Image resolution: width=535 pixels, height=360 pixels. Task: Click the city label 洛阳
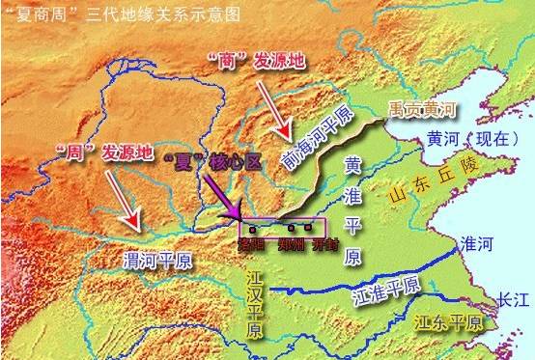tap(253, 245)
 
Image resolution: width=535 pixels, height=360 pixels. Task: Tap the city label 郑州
tap(290, 245)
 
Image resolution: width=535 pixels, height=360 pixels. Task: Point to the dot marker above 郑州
tap(290, 230)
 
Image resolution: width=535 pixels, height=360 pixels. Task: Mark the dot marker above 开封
tap(308, 230)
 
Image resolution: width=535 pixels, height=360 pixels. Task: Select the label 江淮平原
tap(385, 286)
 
